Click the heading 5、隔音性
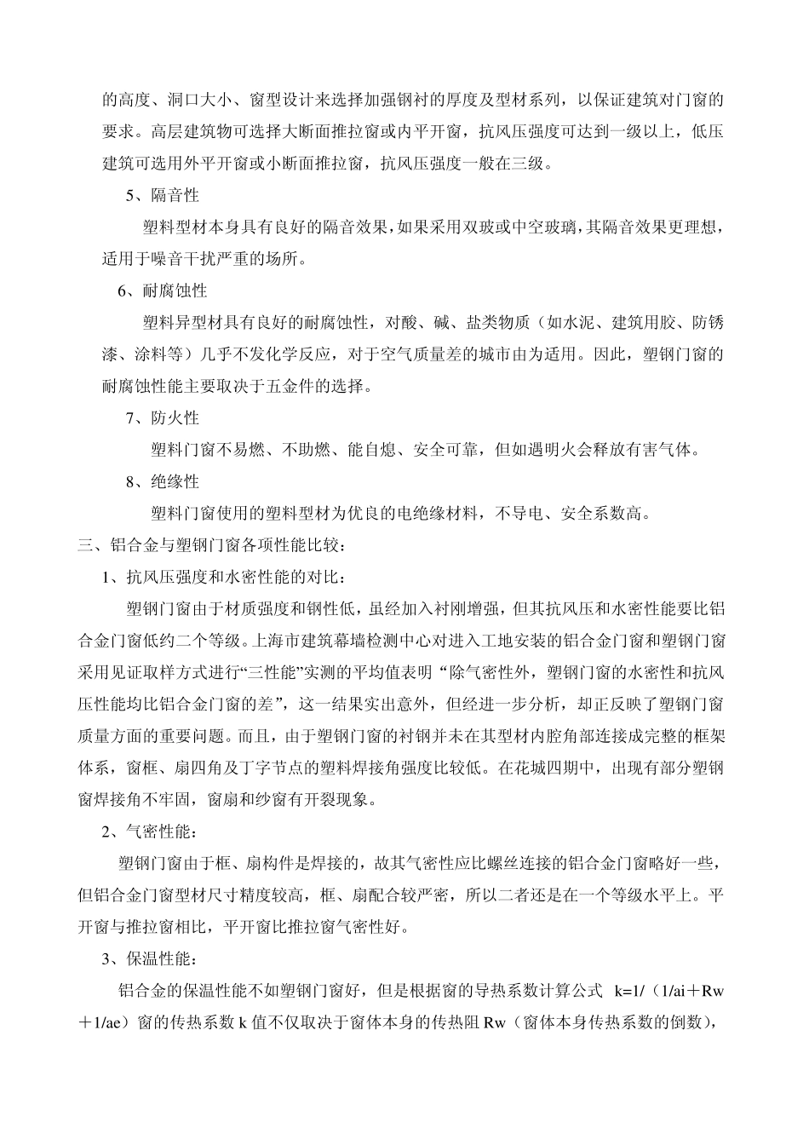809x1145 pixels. (162, 195)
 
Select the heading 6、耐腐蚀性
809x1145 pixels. (162, 291)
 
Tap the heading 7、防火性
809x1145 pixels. (162, 417)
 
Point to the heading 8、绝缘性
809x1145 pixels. (162, 481)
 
